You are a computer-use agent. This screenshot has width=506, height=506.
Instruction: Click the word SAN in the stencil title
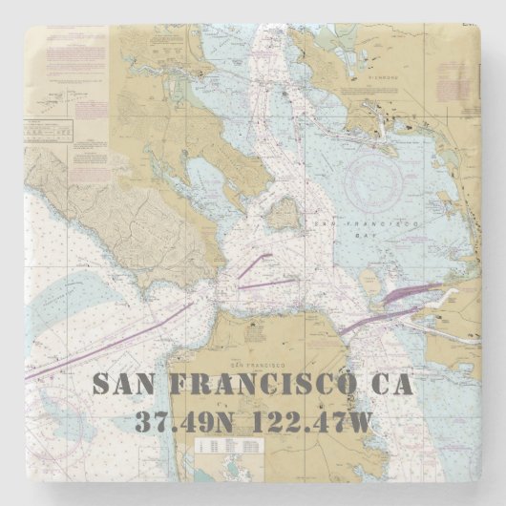(127, 385)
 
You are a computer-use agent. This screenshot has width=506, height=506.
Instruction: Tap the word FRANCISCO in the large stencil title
(264, 385)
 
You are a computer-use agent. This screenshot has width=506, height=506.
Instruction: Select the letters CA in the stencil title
(391, 385)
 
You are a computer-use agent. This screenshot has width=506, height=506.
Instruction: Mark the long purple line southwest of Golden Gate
(115, 344)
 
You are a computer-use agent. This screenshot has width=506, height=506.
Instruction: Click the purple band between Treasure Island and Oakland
(411, 293)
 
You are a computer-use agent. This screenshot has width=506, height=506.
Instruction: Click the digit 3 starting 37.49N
(144, 421)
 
